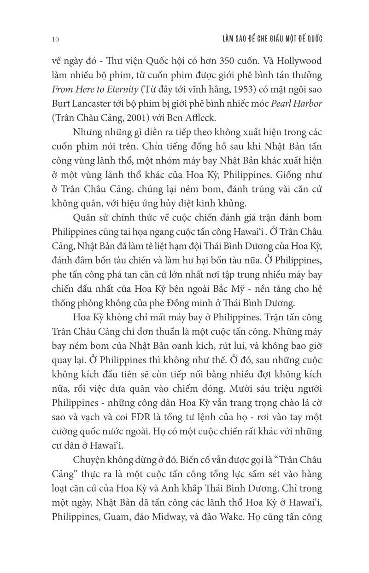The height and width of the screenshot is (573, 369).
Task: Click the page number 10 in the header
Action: click(55, 39)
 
